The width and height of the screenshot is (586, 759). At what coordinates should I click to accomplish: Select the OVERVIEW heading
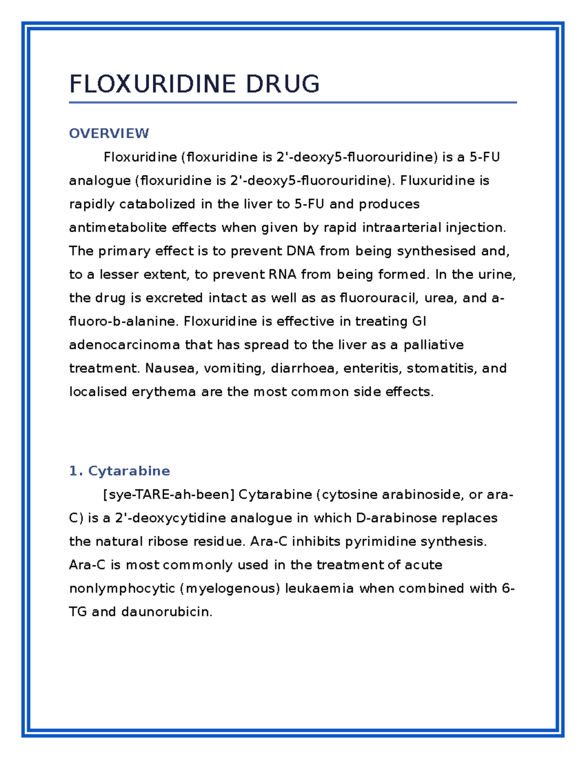coord(109,133)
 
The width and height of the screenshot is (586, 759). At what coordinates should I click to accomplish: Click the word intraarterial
coord(401,227)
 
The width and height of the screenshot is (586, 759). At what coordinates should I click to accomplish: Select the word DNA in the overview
coord(300,251)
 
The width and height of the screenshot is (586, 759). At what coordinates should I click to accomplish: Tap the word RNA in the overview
coord(282,274)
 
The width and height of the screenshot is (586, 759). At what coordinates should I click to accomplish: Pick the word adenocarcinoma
coord(125,345)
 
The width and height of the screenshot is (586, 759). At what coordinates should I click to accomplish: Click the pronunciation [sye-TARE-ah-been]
coord(168,494)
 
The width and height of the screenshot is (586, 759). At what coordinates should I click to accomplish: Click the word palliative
coord(433,345)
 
